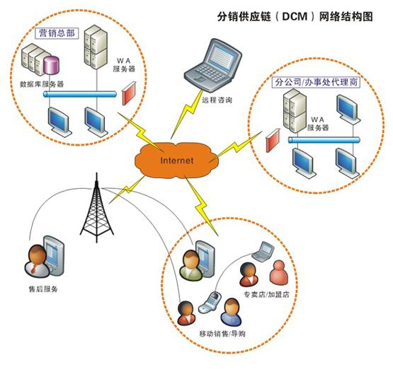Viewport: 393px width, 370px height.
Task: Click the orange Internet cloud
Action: tap(177, 160)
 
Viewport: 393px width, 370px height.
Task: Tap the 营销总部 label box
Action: tap(57, 33)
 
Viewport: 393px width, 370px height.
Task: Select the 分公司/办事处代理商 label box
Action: tap(316, 82)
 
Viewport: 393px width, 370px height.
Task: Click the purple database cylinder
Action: tap(52, 65)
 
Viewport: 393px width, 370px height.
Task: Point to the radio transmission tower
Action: tap(96, 208)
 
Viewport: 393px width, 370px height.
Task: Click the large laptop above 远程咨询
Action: tap(213, 66)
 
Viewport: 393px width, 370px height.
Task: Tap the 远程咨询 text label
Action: tap(217, 100)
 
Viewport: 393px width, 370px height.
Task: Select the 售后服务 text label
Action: tap(43, 289)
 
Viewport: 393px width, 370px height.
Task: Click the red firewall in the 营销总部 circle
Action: tap(129, 93)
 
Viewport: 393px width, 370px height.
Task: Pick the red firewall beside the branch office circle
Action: tap(273, 140)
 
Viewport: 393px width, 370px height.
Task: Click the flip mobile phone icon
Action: tap(210, 302)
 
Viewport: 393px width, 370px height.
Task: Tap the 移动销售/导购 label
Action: tap(222, 334)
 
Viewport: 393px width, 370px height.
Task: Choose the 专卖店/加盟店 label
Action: tap(266, 294)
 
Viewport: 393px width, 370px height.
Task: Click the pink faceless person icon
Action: tap(279, 272)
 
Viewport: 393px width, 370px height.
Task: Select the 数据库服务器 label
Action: tap(42, 84)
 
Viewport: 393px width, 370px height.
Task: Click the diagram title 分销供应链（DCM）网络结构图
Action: tap(295, 16)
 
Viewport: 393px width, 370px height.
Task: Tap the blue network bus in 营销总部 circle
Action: tap(80, 94)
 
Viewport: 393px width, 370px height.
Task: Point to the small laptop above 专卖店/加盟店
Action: tap(263, 252)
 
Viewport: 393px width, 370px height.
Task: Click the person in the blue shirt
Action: tap(231, 312)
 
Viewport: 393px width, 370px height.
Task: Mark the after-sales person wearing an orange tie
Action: tap(37, 261)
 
